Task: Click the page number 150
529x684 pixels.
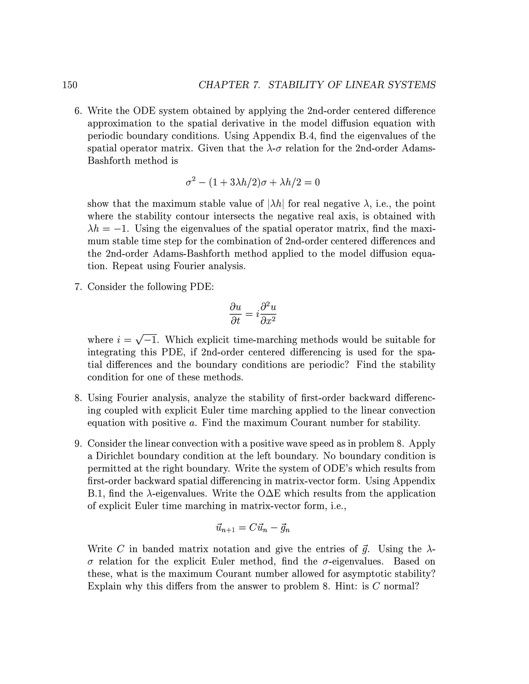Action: [x=70, y=85]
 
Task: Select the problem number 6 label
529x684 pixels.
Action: [x=78, y=111]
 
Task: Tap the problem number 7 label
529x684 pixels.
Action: [x=78, y=287]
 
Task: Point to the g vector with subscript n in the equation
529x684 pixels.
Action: [x=285, y=529]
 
